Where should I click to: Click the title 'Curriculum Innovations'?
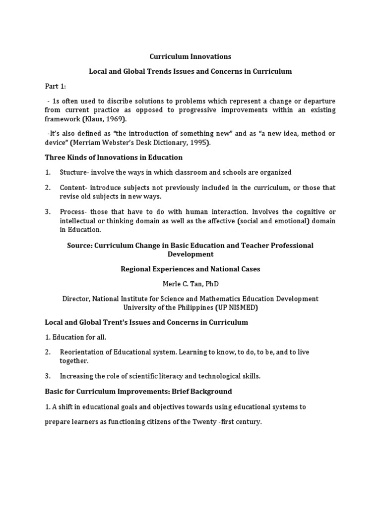[x=190, y=56]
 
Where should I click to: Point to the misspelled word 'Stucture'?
[x=74, y=172]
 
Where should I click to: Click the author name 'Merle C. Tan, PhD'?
[x=190, y=284]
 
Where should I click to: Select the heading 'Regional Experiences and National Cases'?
[x=190, y=269]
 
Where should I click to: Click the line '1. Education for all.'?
[x=75, y=337]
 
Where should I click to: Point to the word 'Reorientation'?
[x=82, y=352]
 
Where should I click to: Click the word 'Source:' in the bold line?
[x=80, y=246]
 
